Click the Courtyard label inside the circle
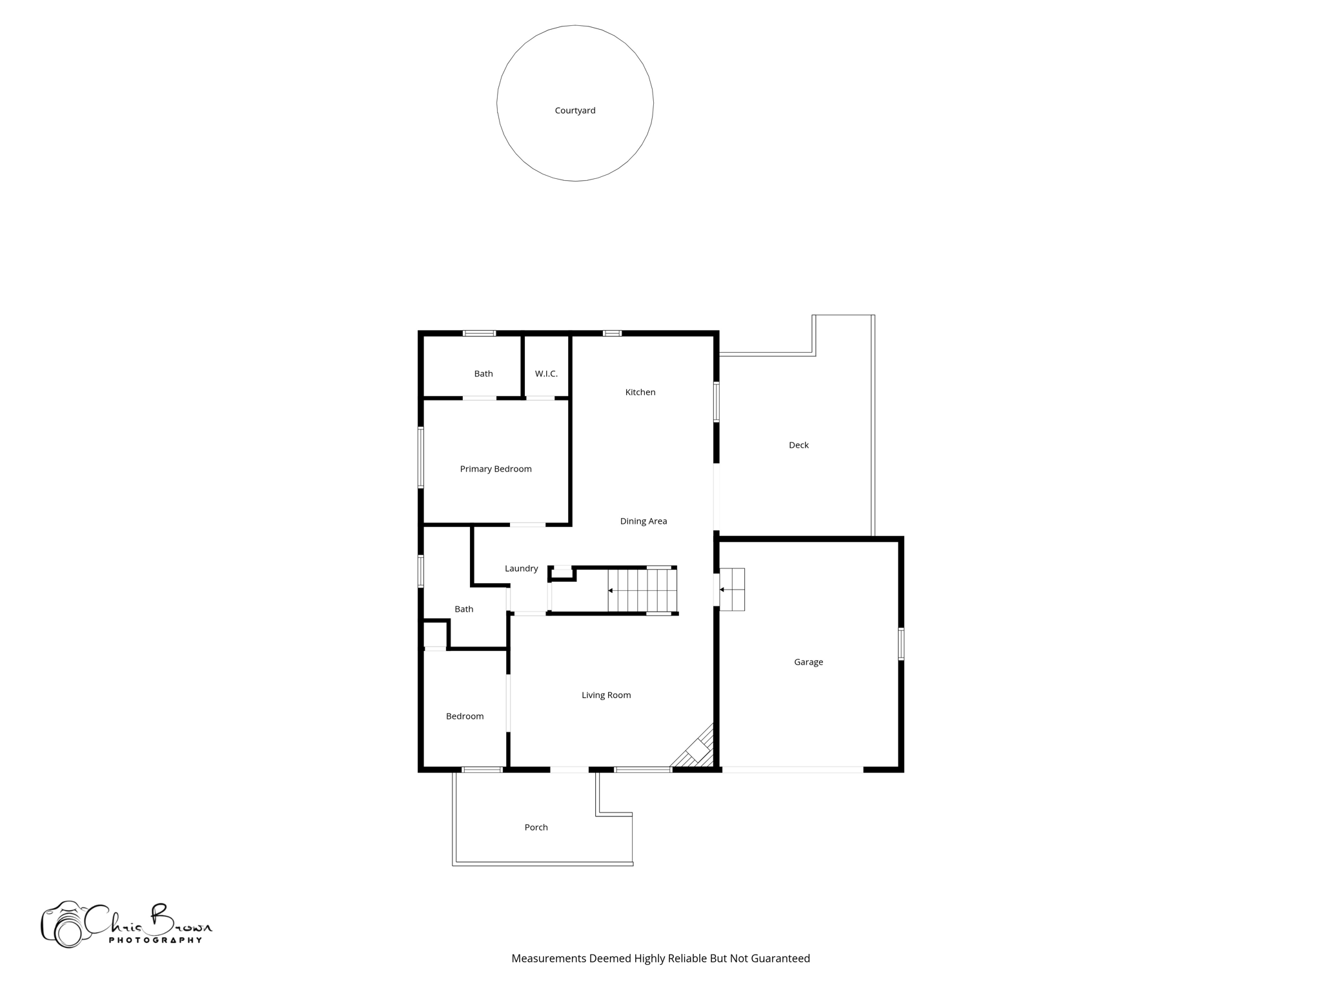[x=575, y=110]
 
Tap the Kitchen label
[x=640, y=392]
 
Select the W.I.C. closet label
[x=546, y=374]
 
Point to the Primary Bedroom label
[x=496, y=469]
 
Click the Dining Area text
[x=643, y=521]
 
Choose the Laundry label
[x=521, y=568]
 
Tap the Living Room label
[x=605, y=695]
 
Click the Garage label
[x=808, y=662]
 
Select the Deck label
[x=798, y=445]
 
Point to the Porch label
[x=536, y=827]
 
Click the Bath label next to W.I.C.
[x=483, y=374]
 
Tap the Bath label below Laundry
[x=463, y=609]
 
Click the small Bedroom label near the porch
[x=465, y=716]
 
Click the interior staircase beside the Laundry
[x=642, y=590]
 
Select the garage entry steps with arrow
[x=732, y=590]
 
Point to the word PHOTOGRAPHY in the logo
[x=155, y=940]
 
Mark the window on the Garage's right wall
[x=901, y=644]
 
